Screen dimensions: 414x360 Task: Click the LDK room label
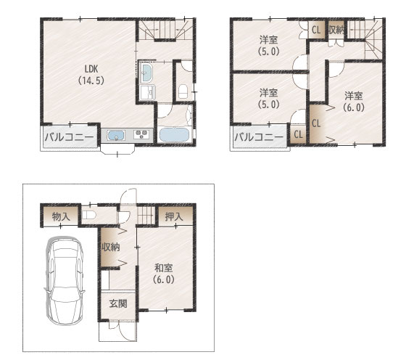91,75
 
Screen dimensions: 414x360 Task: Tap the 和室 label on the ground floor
164,274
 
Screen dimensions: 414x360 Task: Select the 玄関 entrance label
118,303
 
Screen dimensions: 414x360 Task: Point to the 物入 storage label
61,216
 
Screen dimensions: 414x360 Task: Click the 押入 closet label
174,216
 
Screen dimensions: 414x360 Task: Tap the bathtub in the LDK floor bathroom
174,135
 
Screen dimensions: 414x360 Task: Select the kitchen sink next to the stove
116,135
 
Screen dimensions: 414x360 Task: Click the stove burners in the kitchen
141,134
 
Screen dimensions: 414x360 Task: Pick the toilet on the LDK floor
183,91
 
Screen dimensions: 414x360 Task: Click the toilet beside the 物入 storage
88,215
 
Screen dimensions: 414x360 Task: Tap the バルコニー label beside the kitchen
69,137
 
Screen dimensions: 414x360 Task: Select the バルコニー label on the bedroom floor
259,137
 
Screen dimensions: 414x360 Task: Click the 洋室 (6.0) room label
354,101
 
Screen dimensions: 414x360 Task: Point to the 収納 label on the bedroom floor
336,30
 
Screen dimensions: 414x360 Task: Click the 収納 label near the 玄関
111,247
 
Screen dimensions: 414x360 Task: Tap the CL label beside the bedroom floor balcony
298,134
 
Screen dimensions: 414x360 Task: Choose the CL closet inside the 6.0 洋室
316,123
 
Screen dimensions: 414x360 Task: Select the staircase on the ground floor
146,215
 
